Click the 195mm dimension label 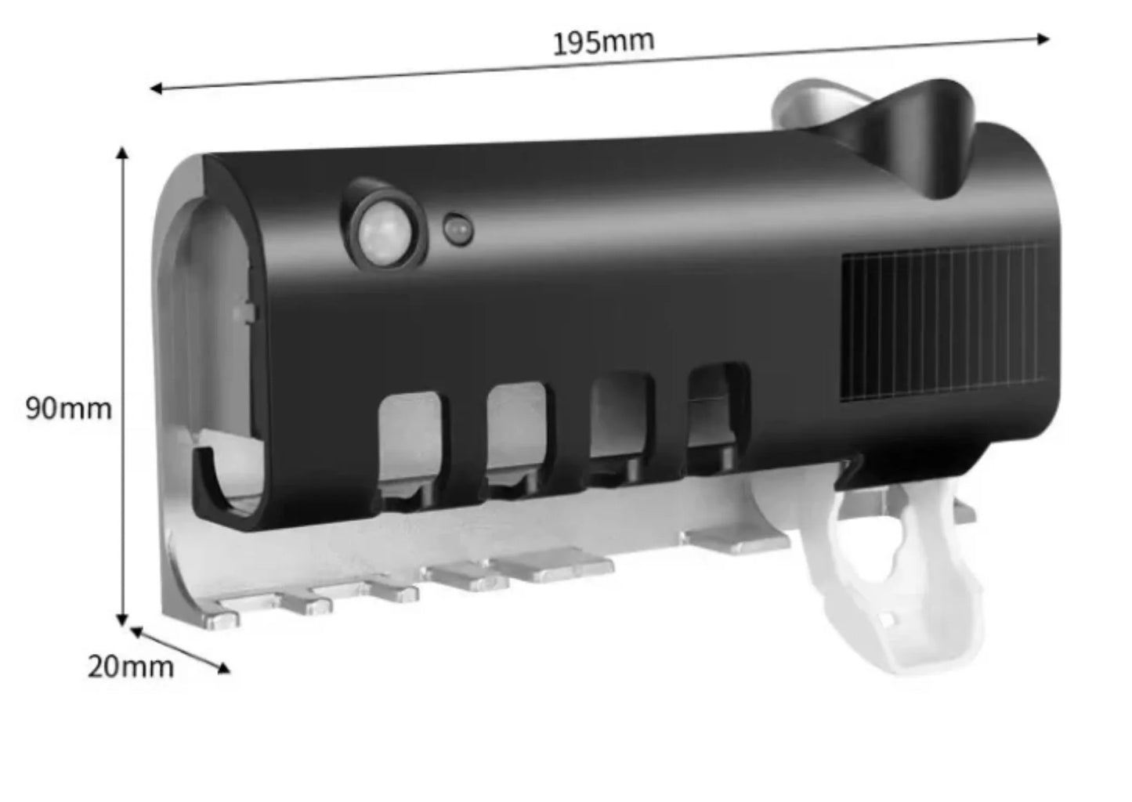point(604,42)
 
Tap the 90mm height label point(69,409)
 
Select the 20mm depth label point(131,667)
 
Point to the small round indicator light point(458,230)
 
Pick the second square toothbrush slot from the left point(517,432)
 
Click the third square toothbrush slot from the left point(621,420)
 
